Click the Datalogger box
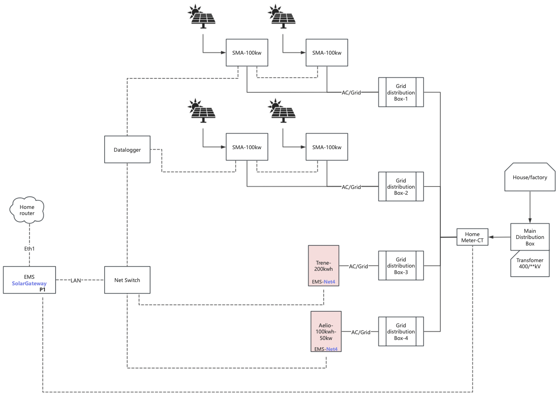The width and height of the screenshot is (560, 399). [x=127, y=150]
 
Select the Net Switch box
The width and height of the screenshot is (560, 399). [x=127, y=280]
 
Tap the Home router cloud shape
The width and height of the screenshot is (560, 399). [x=27, y=210]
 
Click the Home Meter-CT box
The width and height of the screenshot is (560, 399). [x=472, y=237]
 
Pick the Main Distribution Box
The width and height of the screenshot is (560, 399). [x=530, y=237]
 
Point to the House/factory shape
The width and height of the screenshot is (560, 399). [x=530, y=177]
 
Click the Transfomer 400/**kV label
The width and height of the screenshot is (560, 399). [x=530, y=263]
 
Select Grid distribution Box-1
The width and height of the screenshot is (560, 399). [x=401, y=92]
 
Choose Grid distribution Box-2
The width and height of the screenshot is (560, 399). [x=401, y=186]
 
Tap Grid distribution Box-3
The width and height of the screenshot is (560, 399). [x=401, y=266]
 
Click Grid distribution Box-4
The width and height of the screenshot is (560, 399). [x=401, y=332]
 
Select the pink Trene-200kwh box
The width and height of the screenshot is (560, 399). [x=323, y=266]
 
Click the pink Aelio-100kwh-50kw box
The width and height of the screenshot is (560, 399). [x=326, y=331]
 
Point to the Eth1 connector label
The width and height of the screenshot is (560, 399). [x=29, y=249]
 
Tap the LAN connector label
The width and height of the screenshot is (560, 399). [x=76, y=280]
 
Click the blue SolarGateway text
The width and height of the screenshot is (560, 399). [x=29, y=283]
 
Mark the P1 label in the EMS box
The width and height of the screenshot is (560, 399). [x=42, y=290]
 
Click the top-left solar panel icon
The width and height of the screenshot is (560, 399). [x=202, y=16]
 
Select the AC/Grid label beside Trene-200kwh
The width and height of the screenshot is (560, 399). [x=358, y=266]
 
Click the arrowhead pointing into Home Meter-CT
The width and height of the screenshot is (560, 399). [x=491, y=237]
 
